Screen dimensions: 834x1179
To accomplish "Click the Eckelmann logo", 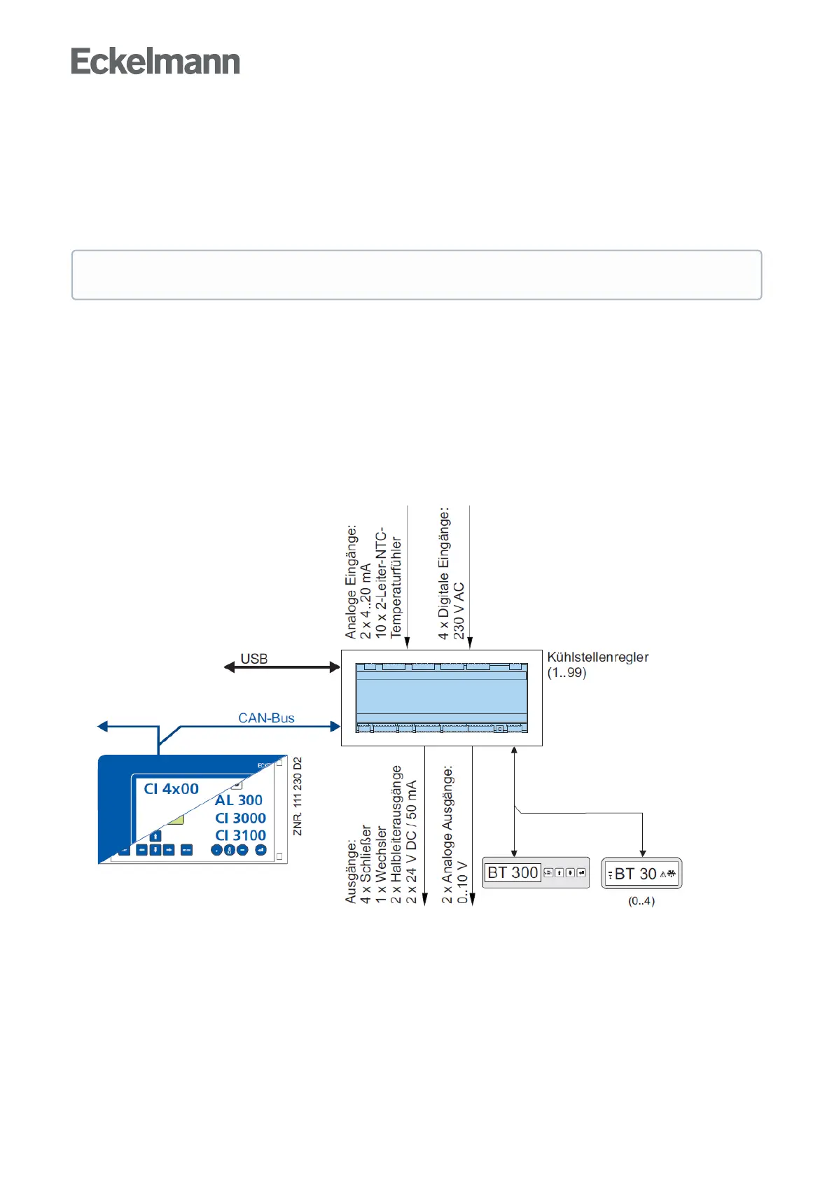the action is tap(155, 62).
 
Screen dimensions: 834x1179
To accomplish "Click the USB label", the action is tap(253, 659).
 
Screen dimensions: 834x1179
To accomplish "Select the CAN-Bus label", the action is tap(266, 718).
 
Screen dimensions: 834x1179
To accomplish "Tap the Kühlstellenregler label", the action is tap(597, 657).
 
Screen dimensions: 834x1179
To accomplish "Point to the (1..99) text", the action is tap(567, 673).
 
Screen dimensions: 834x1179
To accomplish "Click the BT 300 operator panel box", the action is tap(536, 872).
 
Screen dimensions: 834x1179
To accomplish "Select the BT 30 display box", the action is tap(641, 874).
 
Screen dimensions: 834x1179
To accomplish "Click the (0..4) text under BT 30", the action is tap(641, 901).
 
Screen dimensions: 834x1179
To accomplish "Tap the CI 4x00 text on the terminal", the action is tap(172, 789).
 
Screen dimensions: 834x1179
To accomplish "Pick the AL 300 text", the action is tap(239, 800).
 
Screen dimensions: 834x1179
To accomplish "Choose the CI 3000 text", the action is tap(240, 818).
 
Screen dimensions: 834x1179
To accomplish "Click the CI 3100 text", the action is tap(240, 835).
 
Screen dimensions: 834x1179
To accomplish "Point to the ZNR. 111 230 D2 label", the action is tap(298, 796).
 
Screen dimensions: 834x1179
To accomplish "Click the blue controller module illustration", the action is tap(441, 697).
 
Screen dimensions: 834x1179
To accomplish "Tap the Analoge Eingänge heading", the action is tap(351, 581).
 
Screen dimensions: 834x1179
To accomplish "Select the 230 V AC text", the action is tap(459, 611).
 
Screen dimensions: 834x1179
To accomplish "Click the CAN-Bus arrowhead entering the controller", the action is tap(335, 727).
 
